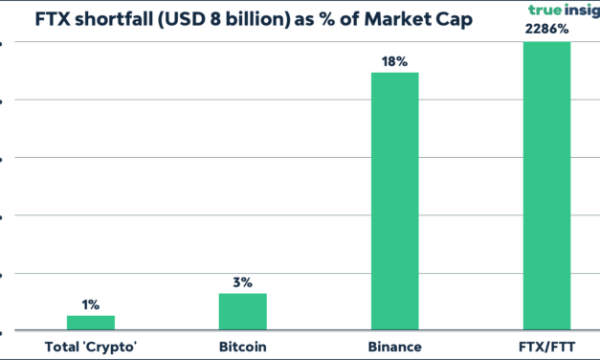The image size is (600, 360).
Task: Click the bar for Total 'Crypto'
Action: (90, 323)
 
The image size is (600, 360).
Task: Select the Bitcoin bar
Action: (242, 312)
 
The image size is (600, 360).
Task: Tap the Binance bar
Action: (394, 201)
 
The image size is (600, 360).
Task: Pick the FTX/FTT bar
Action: (546, 187)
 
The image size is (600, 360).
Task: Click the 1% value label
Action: (90, 304)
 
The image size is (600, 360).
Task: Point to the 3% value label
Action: (242, 282)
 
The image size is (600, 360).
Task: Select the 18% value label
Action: (394, 61)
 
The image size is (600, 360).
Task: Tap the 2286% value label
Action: (546, 30)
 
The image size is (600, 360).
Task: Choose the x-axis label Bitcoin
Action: (242, 346)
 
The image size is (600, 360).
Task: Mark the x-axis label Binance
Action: (394, 346)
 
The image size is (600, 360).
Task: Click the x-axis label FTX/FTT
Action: (546, 346)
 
